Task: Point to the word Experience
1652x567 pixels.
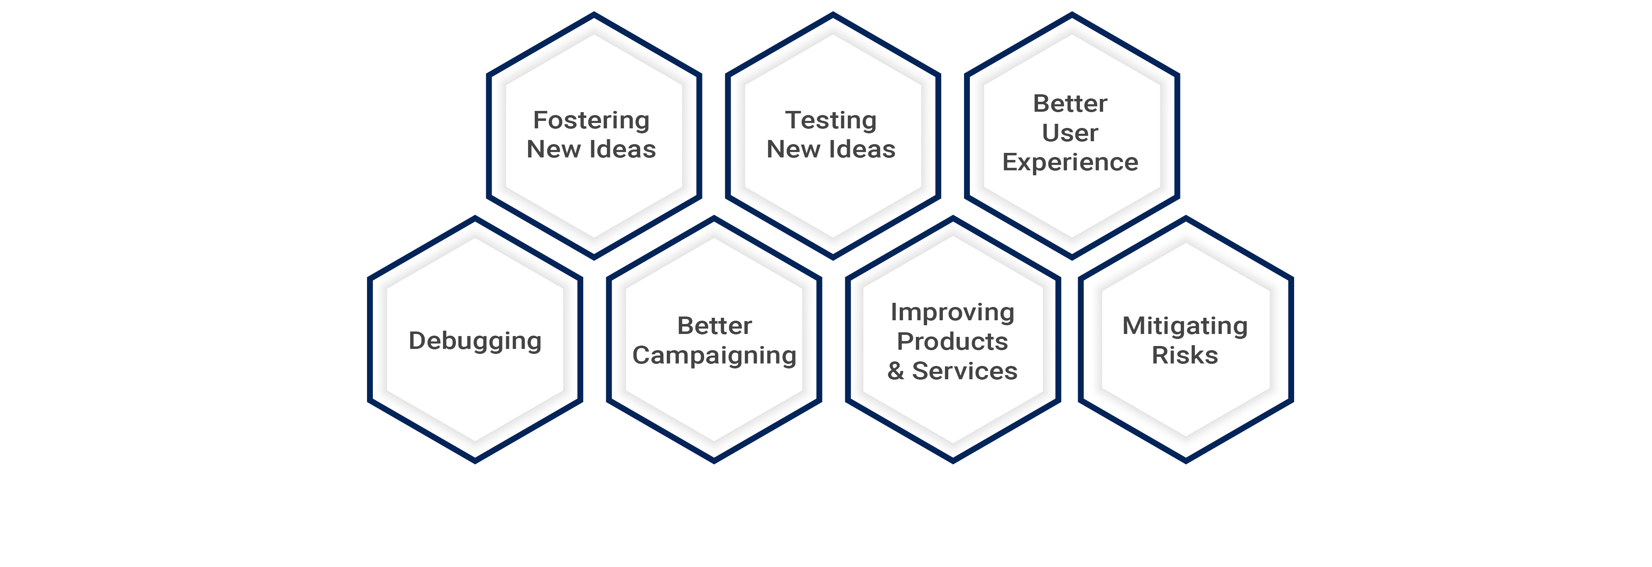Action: point(1070,163)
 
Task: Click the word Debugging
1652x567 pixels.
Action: point(475,341)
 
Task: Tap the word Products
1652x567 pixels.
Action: point(952,341)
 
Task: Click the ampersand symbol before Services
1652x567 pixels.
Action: point(896,371)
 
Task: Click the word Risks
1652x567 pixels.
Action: point(1185,355)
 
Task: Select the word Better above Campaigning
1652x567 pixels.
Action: point(715,326)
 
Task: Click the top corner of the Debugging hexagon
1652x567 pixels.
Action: point(475,217)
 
